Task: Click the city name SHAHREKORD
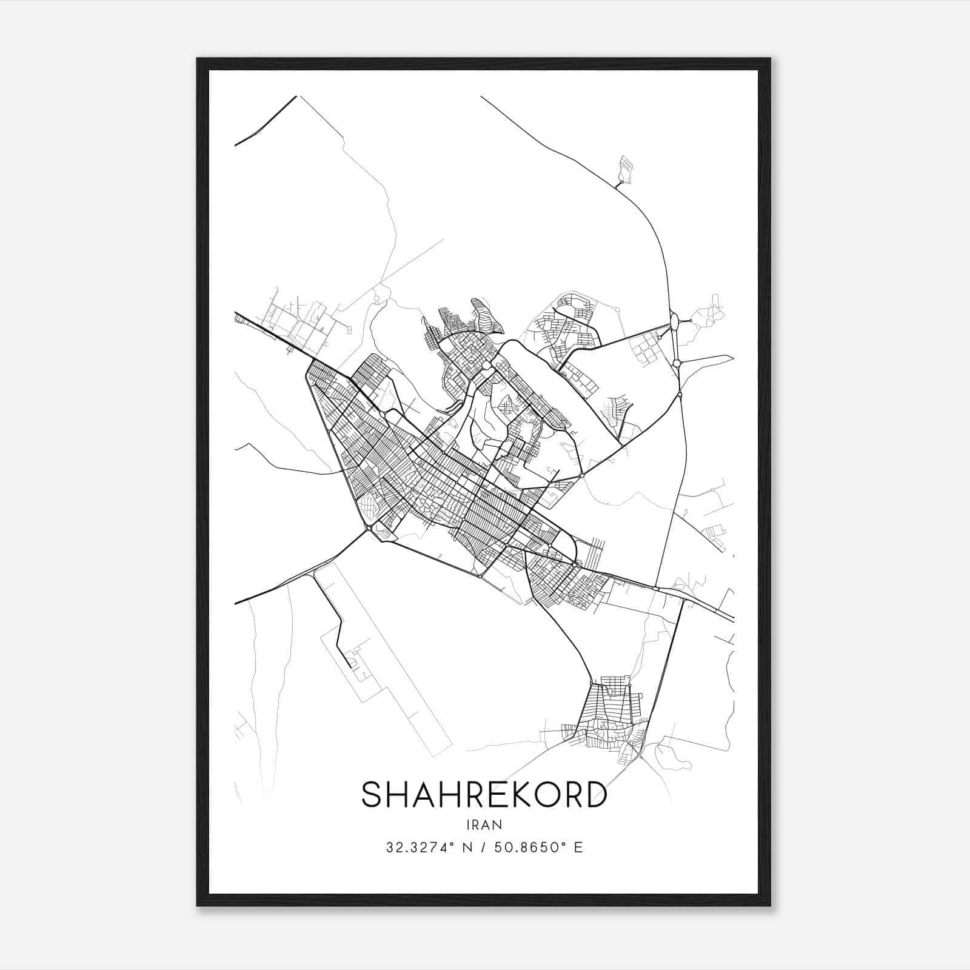[x=484, y=794]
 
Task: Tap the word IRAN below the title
[x=484, y=824]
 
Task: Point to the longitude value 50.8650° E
[x=538, y=848]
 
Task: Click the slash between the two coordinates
[x=484, y=848]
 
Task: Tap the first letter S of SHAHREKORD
[x=372, y=794]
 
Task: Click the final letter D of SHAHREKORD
[x=596, y=794]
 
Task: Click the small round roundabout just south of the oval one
[x=677, y=363]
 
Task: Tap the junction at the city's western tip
[x=369, y=530]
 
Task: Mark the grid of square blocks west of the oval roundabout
[x=644, y=348]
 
